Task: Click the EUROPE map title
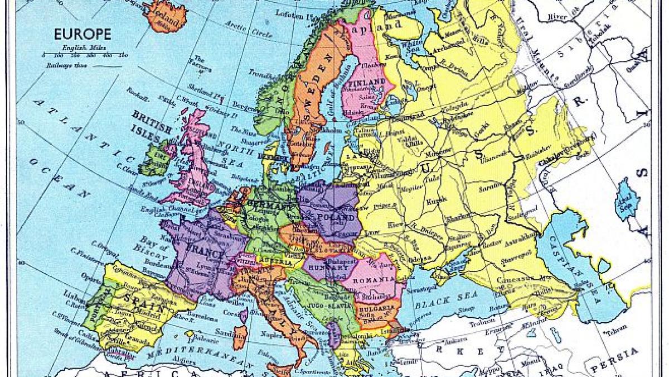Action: [83, 35]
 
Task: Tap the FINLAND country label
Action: [366, 83]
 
